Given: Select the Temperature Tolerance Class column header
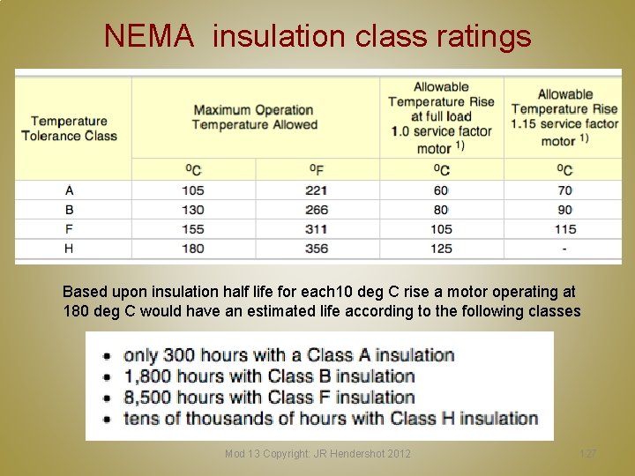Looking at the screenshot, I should [70, 129].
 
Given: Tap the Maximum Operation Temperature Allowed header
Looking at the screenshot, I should [254, 117].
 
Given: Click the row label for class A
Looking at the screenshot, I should [70, 190].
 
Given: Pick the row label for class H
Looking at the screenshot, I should [70, 249].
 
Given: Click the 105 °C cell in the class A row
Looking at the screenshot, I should [193, 190].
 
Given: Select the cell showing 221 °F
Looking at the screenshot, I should [317, 190].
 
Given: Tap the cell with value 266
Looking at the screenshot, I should [317, 210].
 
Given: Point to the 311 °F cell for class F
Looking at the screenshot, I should [317, 229].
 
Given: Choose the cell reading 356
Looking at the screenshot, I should [317, 249].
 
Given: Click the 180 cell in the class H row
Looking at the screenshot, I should [193, 249].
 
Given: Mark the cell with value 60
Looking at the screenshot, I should [441, 190].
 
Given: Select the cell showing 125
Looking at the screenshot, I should [441, 249].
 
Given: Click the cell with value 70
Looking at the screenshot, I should [564, 190].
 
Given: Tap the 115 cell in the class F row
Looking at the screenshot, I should [564, 229].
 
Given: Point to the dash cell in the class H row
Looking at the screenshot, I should [564, 249].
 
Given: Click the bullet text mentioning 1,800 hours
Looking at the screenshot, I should [269, 376].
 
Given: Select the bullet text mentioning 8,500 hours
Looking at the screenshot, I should [269, 397].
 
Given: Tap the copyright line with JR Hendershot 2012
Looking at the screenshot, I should [317, 454].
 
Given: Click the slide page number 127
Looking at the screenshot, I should [588, 454].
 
